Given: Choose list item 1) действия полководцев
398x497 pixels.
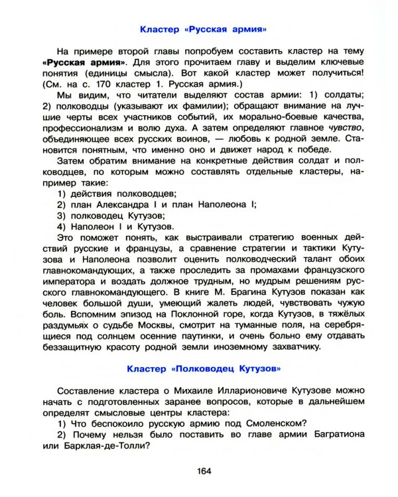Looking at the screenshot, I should (117, 193).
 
